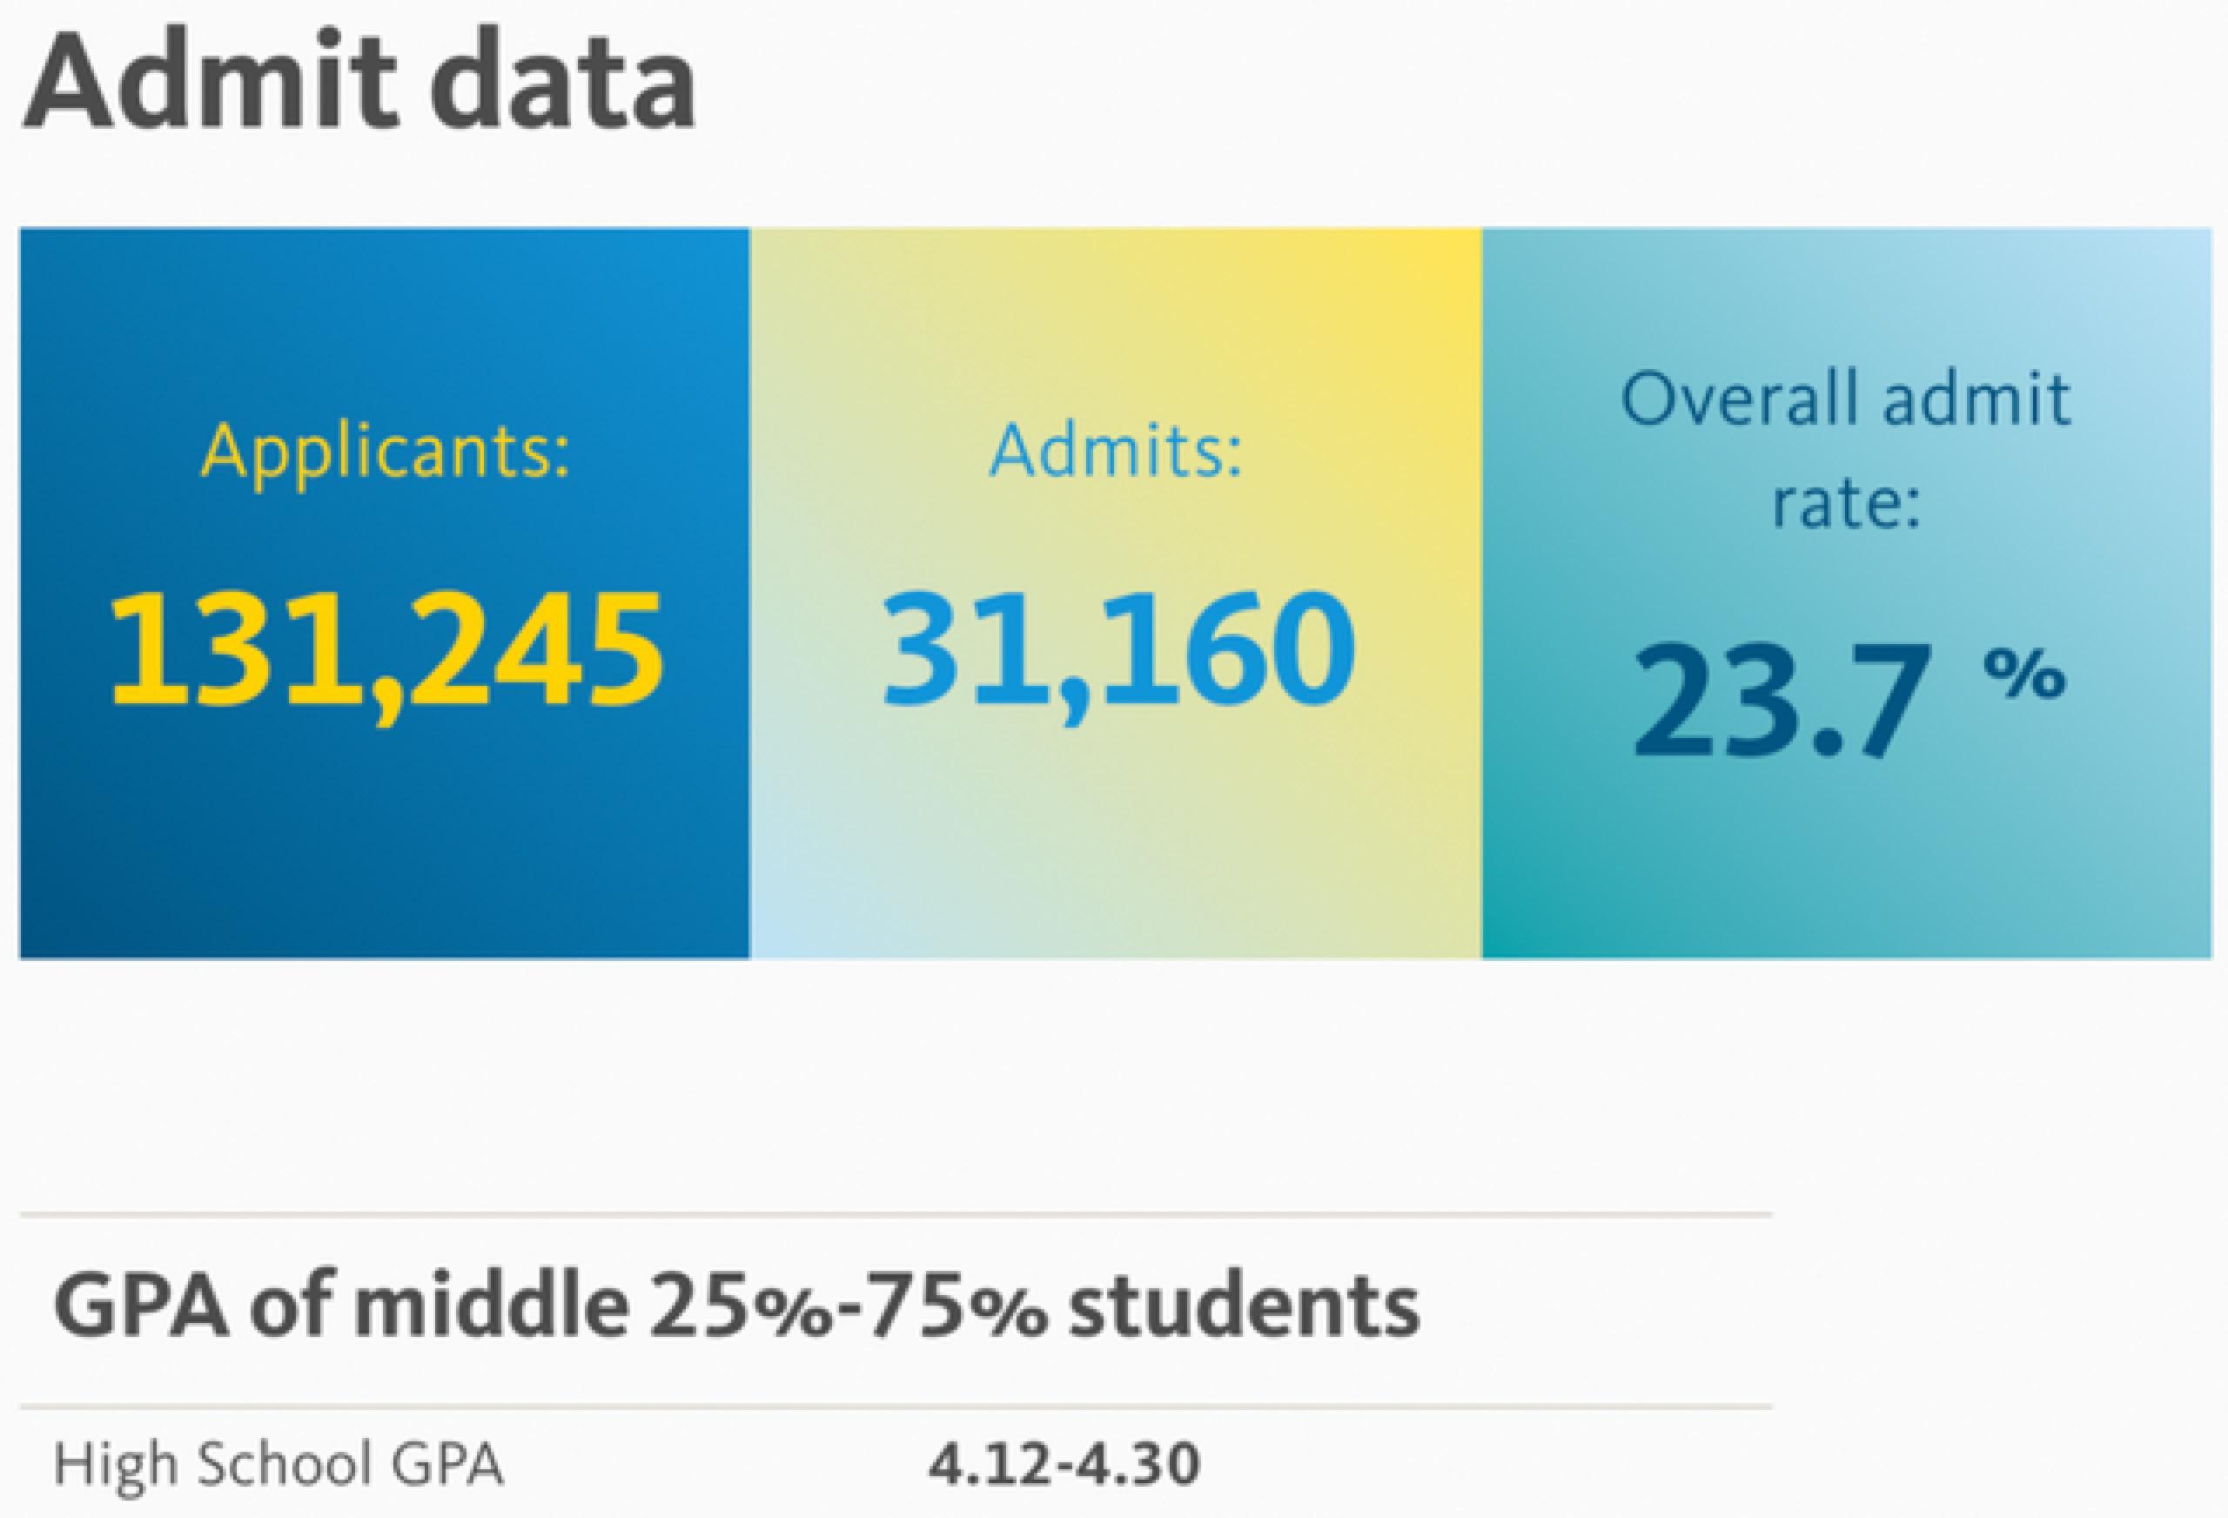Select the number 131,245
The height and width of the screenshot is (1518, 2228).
click(x=386, y=652)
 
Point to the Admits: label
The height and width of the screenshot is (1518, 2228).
click(x=1116, y=451)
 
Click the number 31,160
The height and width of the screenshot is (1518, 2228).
click(x=1117, y=652)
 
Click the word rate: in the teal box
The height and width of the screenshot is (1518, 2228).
click(x=1845, y=502)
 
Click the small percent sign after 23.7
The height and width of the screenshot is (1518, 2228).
click(x=2023, y=676)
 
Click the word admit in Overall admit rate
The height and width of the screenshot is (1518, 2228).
click(x=1975, y=398)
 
